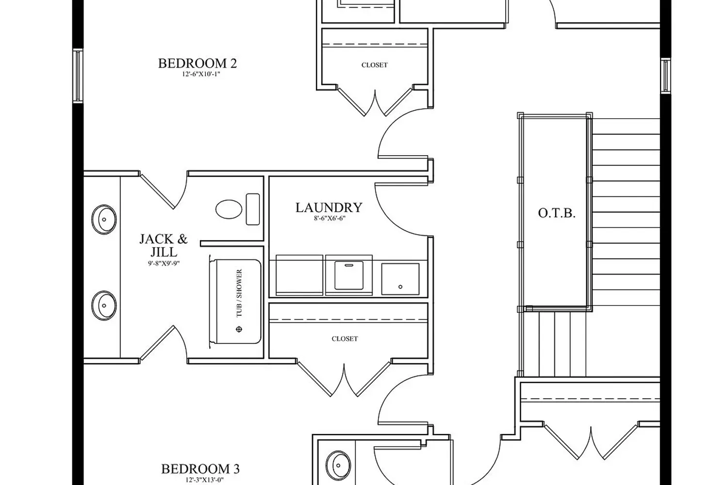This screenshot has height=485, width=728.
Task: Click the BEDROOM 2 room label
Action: (197, 64)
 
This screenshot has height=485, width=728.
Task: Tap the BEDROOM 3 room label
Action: (200, 469)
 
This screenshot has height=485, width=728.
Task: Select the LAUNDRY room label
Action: (329, 208)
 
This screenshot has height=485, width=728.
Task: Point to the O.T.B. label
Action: (557, 213)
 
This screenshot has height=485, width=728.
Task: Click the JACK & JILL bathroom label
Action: (164, 245)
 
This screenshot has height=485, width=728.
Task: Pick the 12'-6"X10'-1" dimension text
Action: (201, 74)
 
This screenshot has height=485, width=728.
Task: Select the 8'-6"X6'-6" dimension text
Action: (330, 218)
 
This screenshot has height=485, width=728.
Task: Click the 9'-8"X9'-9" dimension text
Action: (164, 263)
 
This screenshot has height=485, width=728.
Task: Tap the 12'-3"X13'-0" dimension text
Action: (204, 480)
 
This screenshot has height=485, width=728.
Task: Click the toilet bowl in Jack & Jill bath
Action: (229, 209)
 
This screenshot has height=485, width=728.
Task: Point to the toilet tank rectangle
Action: (253, 209)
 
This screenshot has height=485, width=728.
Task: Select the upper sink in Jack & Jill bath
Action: (104, 219)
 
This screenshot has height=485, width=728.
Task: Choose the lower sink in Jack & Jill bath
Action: (104, 306)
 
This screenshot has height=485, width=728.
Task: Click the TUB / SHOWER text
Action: (239, 293)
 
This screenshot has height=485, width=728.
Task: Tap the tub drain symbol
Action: (239, 329)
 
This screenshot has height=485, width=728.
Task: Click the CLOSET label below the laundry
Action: (345, 339)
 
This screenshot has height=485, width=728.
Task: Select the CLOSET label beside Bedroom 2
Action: (374, 65)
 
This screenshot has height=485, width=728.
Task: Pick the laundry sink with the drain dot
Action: (400, 279)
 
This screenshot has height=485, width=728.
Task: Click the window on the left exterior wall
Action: (78, 76)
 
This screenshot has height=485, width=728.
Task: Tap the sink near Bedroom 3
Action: (338, 465)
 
